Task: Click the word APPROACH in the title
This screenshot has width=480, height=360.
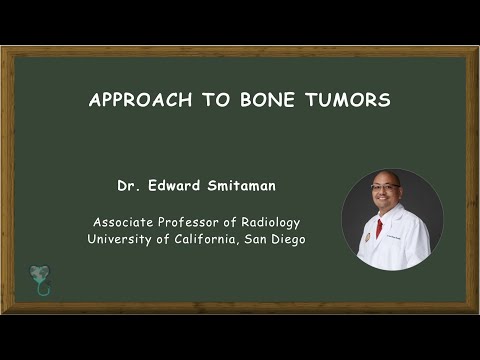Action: coord(133,101)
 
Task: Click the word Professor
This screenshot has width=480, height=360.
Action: coord(197,222)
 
